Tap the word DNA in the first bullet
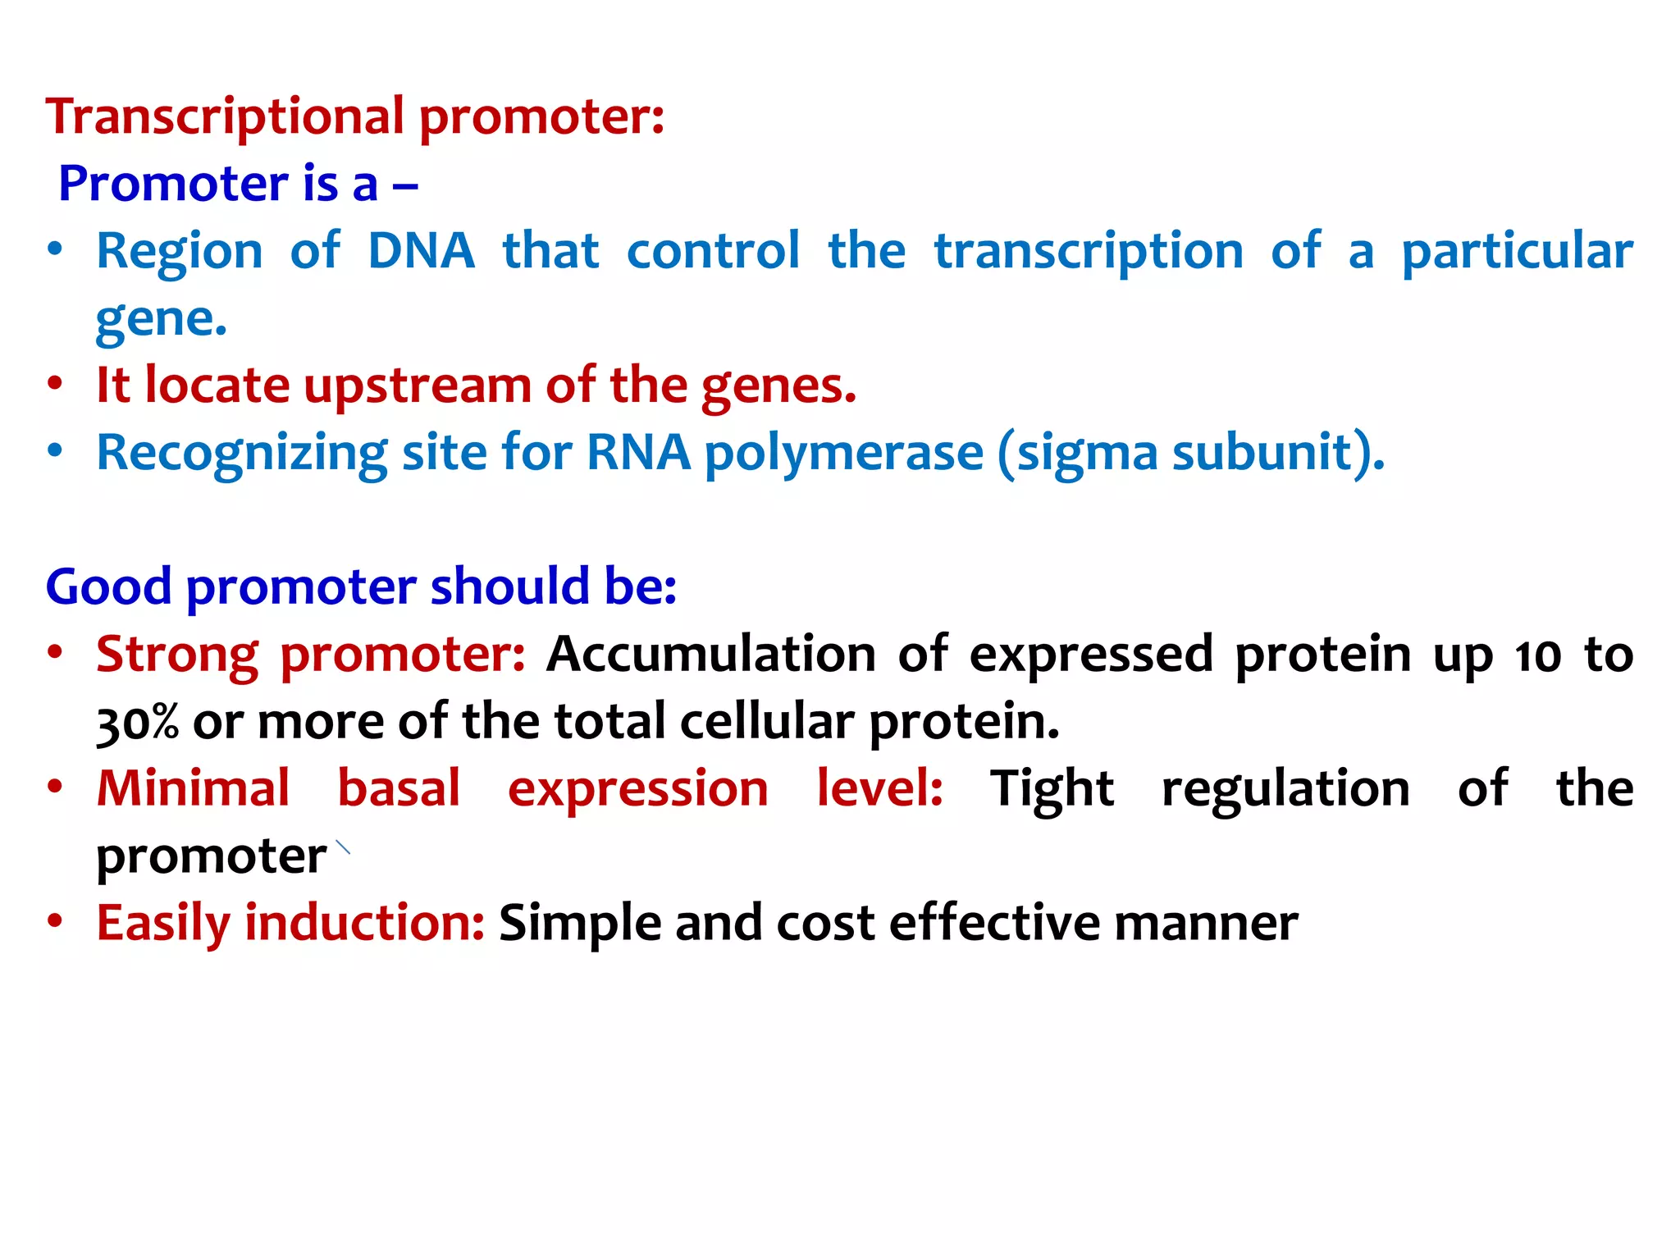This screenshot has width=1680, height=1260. pos(421,251)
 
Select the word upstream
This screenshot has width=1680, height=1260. pos(417,386)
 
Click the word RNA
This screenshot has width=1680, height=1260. pos(638,452)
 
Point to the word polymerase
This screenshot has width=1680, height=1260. pos(843,454)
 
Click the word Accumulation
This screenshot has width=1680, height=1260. pos(711,655)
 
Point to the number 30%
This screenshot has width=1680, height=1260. pos(137,723)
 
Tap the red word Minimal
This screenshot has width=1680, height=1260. pos(193,789)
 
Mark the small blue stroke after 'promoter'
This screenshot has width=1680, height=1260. pos(343,847)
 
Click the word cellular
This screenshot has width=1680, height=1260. pos(766,723)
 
